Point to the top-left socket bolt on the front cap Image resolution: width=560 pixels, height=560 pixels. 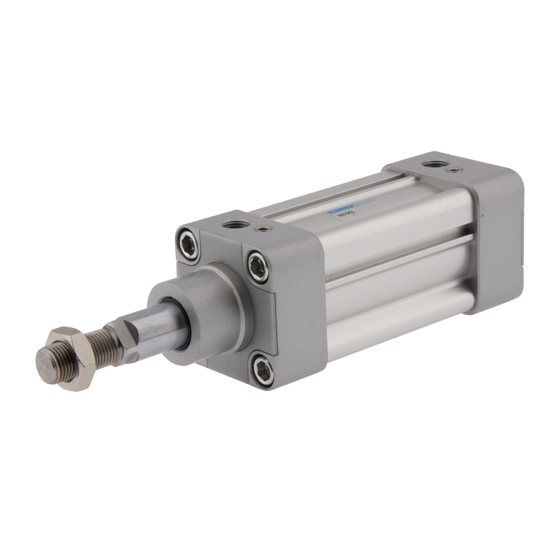[x=187, y=244]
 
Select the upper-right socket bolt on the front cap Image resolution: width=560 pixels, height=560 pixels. [x=258, y=267]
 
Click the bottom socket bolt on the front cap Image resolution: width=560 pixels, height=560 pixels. [x=262, y=370]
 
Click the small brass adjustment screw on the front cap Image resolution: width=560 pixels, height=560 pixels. [x=260, y=228]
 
